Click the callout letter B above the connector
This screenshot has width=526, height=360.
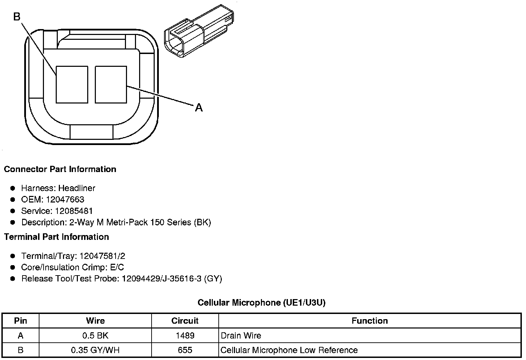pyautogui.click(x=17, y=17)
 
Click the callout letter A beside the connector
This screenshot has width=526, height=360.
pyautogui.click(x=199, y=108)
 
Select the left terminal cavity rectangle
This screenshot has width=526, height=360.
pyautogui.click(x=72, y=84)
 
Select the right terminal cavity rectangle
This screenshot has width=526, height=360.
pyautogui.click(x=111, y=84)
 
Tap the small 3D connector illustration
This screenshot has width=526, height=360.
pyautogui.click(x=199, y=31)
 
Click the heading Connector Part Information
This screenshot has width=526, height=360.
pyautogui.click(x=60, y=169)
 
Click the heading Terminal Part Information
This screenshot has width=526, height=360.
pyautogui.click(x=56, y=237)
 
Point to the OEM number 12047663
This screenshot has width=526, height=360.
pyautogui.click(x=65, y=199)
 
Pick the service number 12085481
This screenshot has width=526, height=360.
pyautogui.click(x=74, y=211)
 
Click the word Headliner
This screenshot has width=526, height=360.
pyautogui.click(x=77, y=188)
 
